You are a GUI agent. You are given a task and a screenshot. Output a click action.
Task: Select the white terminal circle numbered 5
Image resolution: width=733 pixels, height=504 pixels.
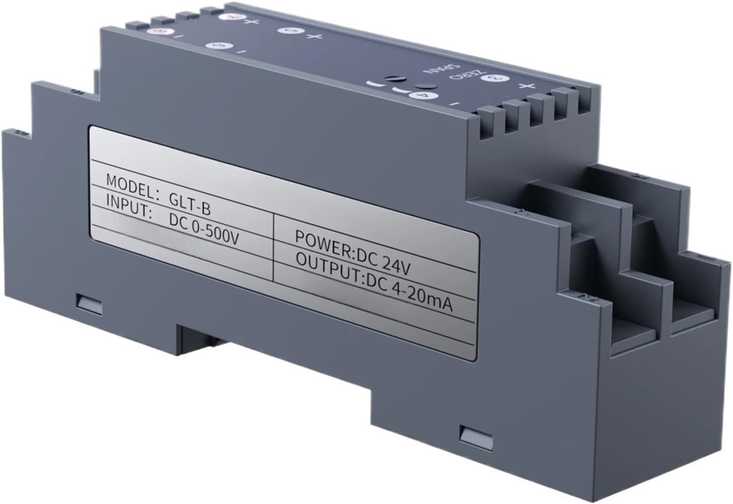click(x=289, y=31)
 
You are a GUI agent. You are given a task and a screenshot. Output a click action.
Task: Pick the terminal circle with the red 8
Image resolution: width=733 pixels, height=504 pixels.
click(x=160, y=31)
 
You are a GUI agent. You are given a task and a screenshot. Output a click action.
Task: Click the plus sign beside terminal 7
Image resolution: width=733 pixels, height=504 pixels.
click(x=247, y=21)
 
